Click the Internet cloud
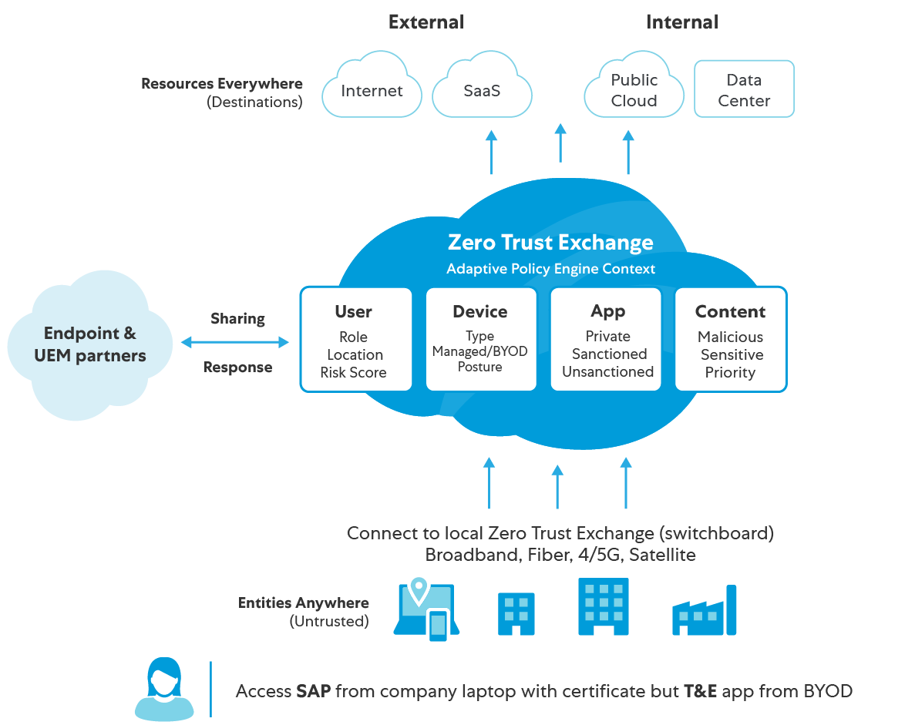pyautogui.click(x=372, y=90)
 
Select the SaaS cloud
pyautogui.click(x=482, y=90)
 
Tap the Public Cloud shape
pyautogui.click(x=634, y=89)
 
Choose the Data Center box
pyautogui.click(x=744, y=89)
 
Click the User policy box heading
pyautogui.click(x=354, y=312)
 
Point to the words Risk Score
pyautogui.click(x=354, y=373)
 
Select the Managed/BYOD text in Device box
pyautogui.click(x=479, y=351)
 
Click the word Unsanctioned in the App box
pyautogui.click(x=607, y=372)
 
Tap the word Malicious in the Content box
pyautogui.click(x=730, y=337)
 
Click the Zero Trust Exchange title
pyautogui.click(x=550, y=243)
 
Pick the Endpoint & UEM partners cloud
pyautogui.click(x=90, y=344)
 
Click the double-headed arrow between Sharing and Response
pyautogui.click(x=234, y=342)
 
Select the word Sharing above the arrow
pyautogui.click(x=237, y=318)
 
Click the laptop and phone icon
pyautogui.click(x=426, y=609)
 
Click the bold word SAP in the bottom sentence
pyautogui.click(x=314, y=691)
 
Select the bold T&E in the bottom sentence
pyautogui.click(x=700, y=691)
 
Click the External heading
pyautogui.click(x=426, y=22)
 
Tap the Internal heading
pyautogui.click(x=682, y=22)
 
